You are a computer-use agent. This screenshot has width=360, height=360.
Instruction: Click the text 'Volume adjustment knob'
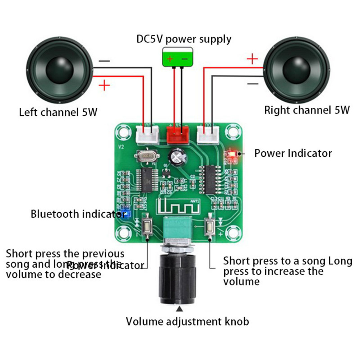187,321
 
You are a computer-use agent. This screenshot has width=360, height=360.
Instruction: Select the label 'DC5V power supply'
184,38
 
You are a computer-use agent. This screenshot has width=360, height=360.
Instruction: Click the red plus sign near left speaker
104,86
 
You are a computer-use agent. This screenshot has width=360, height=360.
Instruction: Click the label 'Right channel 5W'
307,110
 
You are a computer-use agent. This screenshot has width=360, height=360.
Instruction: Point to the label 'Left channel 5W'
58,112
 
